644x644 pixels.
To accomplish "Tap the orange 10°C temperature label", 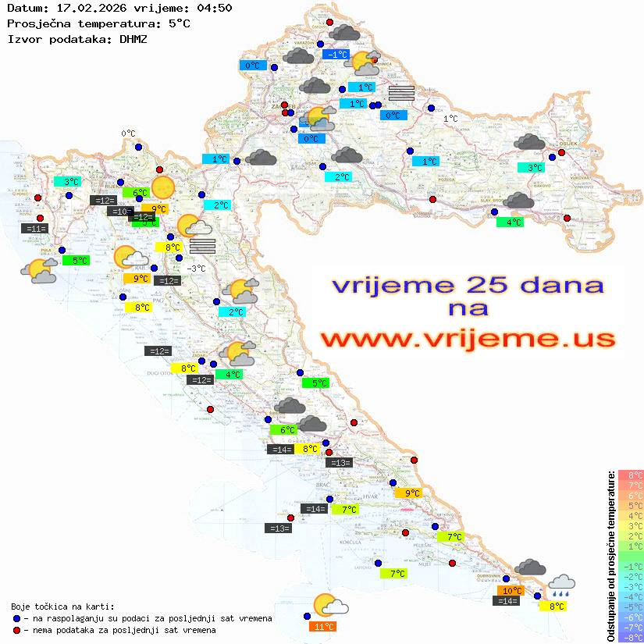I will click(x=511, y=591).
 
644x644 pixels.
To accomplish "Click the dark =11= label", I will click(x=35, y=229).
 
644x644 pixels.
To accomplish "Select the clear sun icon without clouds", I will click(x=163, y=188).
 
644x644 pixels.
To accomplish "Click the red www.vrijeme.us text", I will click(x=468, y=340).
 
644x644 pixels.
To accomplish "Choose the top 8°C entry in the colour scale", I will click(x=631, y=475).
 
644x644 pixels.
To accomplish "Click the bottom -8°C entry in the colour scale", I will click(x=631, y=638).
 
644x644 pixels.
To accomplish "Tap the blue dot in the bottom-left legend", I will click(x=17, y=618).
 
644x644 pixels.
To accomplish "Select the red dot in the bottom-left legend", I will click(x=17, y=630).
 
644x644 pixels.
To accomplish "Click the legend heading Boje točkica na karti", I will click(x=62, y=607).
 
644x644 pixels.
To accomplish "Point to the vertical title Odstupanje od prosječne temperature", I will click(x=610, y=556).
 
